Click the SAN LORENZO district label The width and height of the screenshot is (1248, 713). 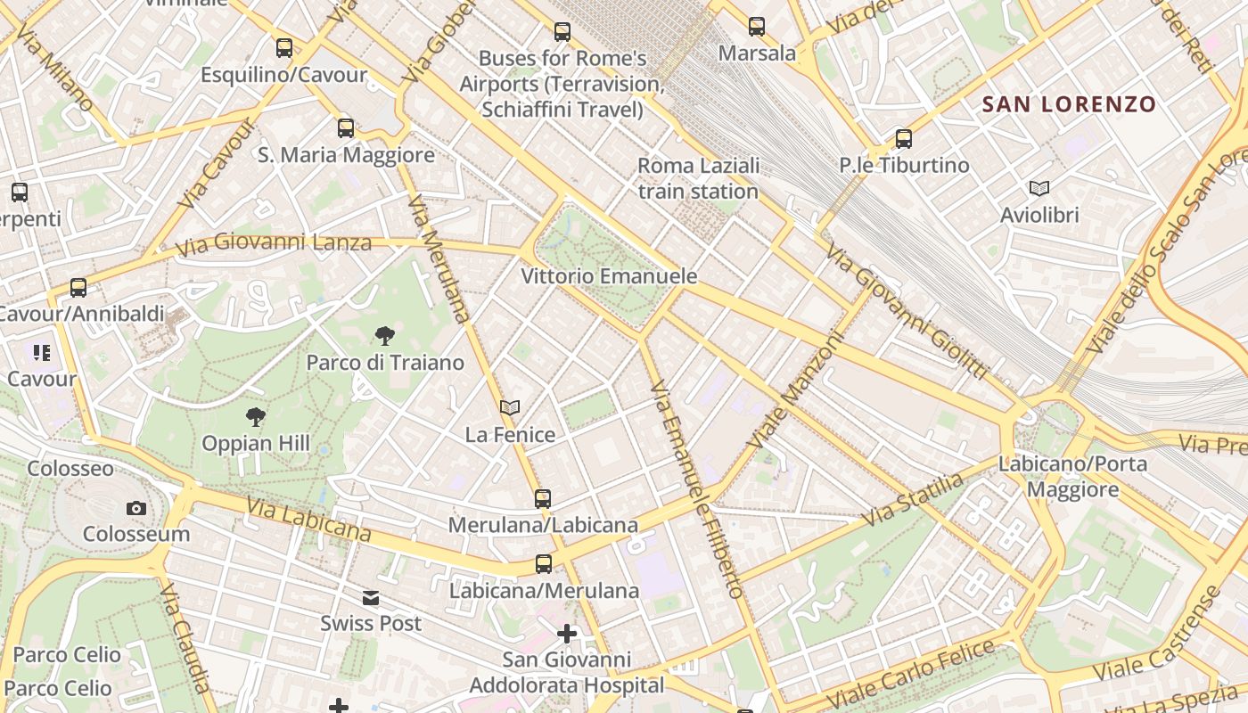1068,104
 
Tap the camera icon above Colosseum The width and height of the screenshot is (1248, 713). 136,508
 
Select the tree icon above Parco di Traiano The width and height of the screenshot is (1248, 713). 385,336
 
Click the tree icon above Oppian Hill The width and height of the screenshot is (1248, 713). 256,416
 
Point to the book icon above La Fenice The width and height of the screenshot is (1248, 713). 510,408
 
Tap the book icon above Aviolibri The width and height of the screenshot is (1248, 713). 1039,188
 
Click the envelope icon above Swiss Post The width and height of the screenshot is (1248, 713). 371,597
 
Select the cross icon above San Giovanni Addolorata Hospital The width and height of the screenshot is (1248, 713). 567,634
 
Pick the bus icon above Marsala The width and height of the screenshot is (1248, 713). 757,27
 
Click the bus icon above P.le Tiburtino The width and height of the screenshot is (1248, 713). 904,139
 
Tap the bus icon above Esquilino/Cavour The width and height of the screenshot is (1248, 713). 284,48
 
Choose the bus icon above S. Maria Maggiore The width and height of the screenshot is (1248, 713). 346,128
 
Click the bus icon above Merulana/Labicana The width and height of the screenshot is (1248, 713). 543,499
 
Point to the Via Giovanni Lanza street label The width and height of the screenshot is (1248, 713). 274,242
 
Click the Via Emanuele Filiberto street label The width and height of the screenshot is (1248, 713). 695,490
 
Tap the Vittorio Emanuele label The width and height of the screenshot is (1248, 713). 609,276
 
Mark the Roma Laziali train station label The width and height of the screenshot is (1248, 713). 698,178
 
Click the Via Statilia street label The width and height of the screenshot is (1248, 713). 913,500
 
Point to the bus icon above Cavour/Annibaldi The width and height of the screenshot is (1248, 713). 78,288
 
